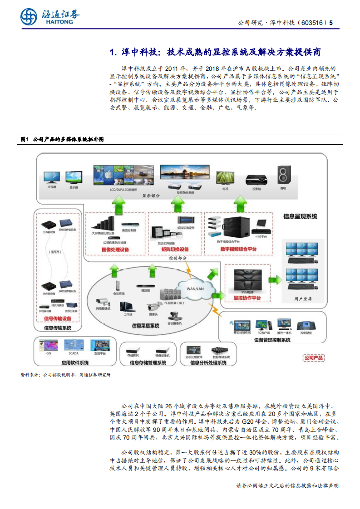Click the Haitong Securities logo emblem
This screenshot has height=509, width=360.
(x=29, y=17)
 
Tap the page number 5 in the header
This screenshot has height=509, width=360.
(x=331, y=23)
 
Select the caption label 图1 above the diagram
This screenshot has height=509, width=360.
(x=25, y=139)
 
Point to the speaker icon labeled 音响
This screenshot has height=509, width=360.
(x=283, y=176)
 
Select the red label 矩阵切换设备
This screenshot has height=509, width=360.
(x=173, y=250)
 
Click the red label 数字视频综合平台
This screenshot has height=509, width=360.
(x=238, y=250)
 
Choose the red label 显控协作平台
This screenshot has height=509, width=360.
(x=247, y=298)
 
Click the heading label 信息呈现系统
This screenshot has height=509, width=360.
(x=300, y=216)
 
